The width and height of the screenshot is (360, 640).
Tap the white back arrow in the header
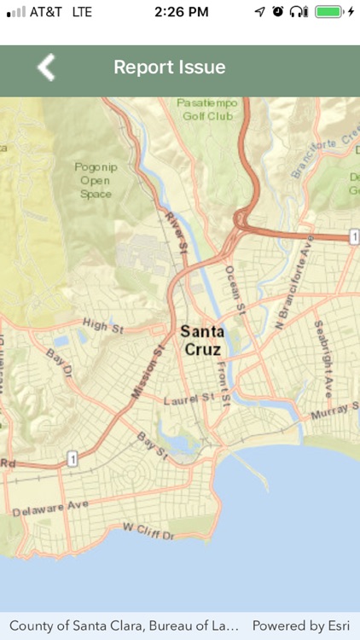pos(46,67)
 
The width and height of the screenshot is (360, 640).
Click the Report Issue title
pos(170,67)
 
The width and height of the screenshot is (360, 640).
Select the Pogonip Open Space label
pos(95,180)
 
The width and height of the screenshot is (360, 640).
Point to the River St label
pos(176,231)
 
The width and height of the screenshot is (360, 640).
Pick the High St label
pos(103,324)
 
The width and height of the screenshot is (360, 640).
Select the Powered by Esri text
pos(300,625)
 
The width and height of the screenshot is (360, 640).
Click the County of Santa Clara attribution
pos(124,625)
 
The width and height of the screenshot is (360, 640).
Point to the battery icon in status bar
pos(329,12)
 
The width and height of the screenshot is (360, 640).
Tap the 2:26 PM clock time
pos(182,12)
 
